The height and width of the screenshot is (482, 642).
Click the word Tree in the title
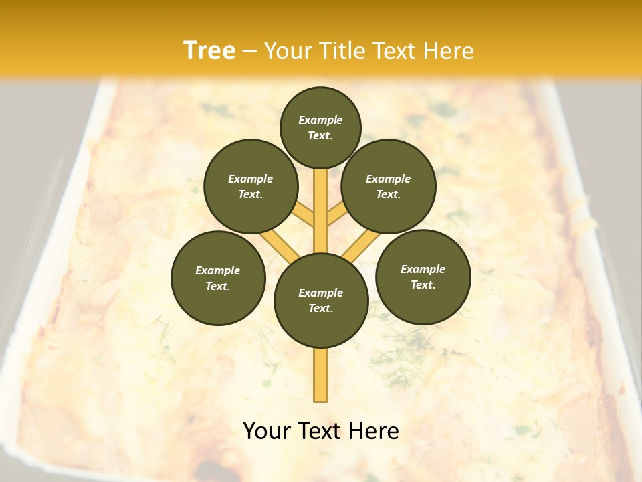coord(209,50)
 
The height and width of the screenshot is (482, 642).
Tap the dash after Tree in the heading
coord(249,51)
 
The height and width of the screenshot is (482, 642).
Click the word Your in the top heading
coord(289,50)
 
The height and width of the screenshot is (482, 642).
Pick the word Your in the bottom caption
coord(267,431)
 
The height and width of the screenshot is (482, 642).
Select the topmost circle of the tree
coord(320,127)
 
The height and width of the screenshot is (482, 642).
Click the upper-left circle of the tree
coord(250,186)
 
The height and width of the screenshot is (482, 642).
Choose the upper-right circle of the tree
coord(389,186)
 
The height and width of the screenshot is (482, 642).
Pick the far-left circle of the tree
coord(218,278)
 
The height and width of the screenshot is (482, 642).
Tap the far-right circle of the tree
coord(423,276)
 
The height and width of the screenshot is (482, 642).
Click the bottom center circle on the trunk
coord(321,300)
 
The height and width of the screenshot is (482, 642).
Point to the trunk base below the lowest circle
coord(321,375)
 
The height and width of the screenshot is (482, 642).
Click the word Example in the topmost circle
coord(320,120)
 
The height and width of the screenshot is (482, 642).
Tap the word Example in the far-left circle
coord(218,270)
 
